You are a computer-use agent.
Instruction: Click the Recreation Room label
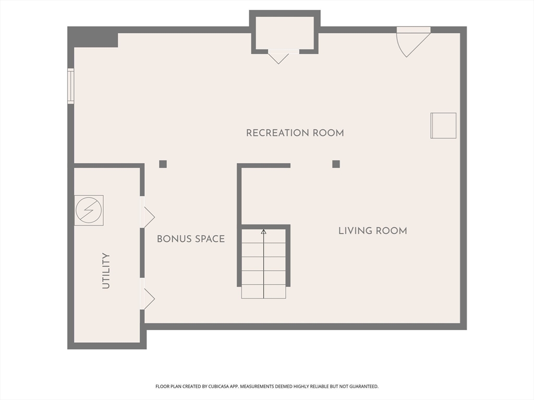(x=295, y=133)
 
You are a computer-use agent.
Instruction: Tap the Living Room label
(x=372, y=231)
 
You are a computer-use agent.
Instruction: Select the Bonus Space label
(x=191, y=239)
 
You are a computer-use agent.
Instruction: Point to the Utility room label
(x=106, y=271)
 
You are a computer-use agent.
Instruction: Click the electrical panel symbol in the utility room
(x=89, y=210)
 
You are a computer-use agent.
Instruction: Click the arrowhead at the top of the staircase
(x=263, y=232)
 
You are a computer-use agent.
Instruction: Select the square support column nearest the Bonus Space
(x=163, y=164)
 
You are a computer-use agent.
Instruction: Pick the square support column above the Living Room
(x=336, y=164)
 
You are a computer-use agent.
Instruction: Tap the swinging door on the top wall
(x=414, y=43)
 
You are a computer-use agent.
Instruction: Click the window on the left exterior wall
(x=70, y=86)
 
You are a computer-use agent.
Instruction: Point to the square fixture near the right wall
(x=443, y=126)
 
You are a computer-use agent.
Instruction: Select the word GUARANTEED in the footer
(x=365, y=386)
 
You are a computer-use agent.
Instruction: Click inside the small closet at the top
(x=285, y=33)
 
